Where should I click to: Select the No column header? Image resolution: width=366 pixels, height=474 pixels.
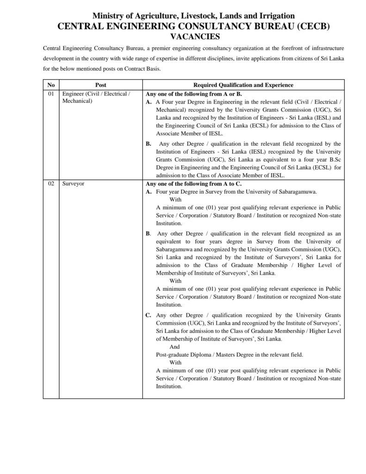[51, 85]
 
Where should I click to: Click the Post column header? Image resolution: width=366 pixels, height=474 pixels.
[100, 85]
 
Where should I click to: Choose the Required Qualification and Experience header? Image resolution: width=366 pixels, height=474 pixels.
[243, 85]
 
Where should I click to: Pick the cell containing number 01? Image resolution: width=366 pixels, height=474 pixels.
[51, 94]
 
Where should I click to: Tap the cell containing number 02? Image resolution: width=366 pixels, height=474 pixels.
[51, 184]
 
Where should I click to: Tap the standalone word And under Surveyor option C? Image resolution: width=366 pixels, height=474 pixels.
[175, 347]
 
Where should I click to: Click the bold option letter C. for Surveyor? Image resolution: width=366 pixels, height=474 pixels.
[149, 315]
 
